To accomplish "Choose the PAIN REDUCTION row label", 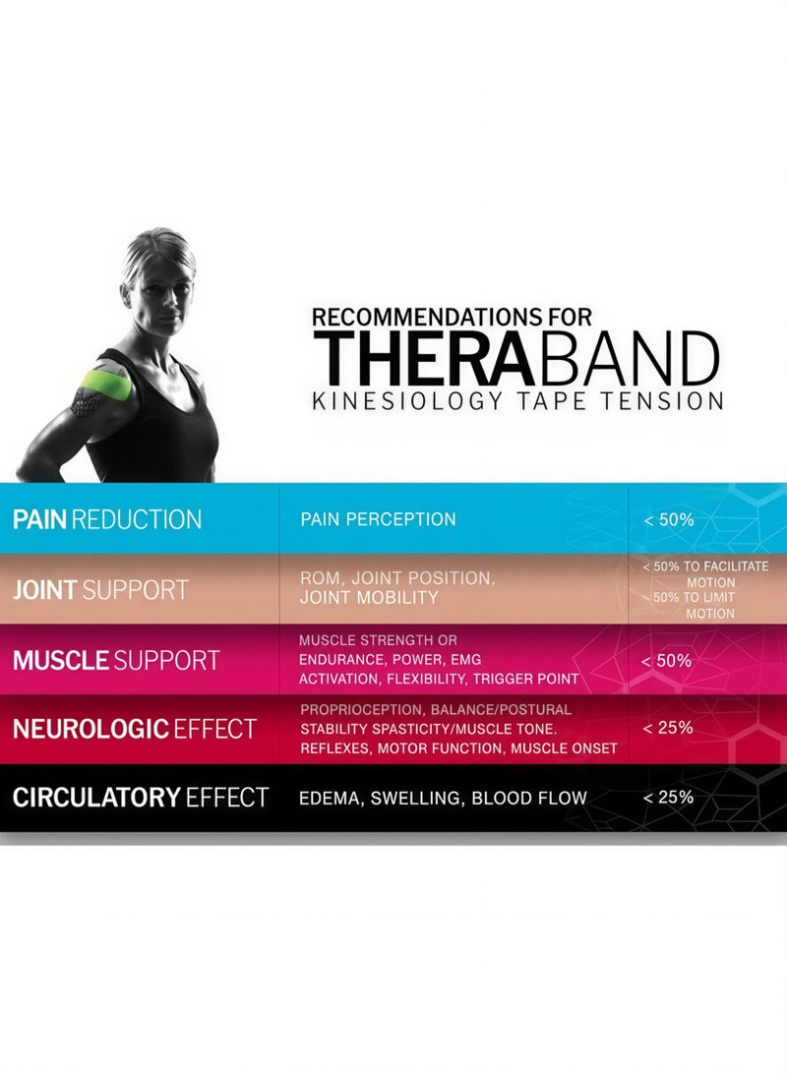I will pyautogui.click(x=107, y=519).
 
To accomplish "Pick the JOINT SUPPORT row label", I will pyautogui.click(x=100, y=590).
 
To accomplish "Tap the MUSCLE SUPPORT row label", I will pyautogui.click(x=116, y=660).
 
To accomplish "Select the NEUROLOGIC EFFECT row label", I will pyautogui.click(x=134, y=729).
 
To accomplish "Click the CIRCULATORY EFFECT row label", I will pyautogui.click(x=140, y=798).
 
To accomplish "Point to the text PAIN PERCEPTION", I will pyautogui.click(x=378, y=519).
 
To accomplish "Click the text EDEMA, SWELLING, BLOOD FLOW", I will pyautogui.click(x=444, y=798).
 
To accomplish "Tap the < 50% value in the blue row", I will pyautogui.click(x=668, y=519).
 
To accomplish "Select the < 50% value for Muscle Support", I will pyautogui.click(x=667, y=661).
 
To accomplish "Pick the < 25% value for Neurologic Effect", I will pyautogui.click(x=668, y=728).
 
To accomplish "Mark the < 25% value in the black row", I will pyautogui.click(x=668, y=798).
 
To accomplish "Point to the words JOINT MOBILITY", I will pyautogui.click(x=369, y=598).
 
